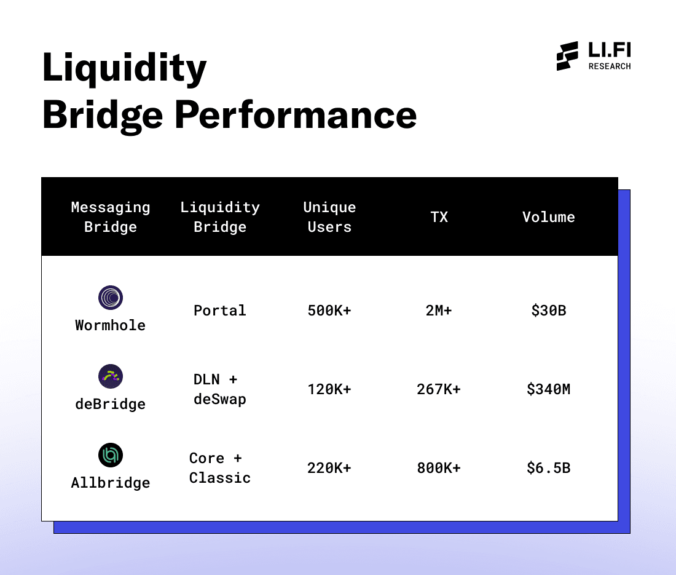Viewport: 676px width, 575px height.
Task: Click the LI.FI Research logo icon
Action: (x=567, y=56)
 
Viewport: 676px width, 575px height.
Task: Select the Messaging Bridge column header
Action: (x=111, y=217)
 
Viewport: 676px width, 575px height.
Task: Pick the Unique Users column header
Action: (x=329, y=217)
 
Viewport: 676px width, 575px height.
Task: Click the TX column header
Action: (x=439, y=217)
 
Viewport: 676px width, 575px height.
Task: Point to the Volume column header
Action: (x=549, y=217)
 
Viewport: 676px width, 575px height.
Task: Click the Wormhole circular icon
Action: (x=111, y=298)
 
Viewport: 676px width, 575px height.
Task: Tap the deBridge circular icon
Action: (x=111, y=376)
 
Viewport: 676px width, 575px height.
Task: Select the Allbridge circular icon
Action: (x=111, y=455)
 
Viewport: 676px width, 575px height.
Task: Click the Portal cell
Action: (x=220, y=311)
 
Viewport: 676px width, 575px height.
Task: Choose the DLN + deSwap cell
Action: (x=220, y=389)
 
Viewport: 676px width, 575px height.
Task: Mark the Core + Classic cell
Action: (x=220, y=468)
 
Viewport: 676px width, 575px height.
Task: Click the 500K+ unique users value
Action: (x=329, y=311)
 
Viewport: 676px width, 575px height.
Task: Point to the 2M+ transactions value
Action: (x=439, y=311)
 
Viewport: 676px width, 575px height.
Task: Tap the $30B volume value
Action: (x=549, y=311)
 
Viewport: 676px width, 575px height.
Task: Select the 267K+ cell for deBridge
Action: (x=439, y=389)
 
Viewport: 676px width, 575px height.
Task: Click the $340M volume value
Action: (x=549, y=389)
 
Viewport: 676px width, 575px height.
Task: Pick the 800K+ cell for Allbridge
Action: (x=439, y=468)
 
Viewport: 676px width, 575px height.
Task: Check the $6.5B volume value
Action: (x=549, y=468)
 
